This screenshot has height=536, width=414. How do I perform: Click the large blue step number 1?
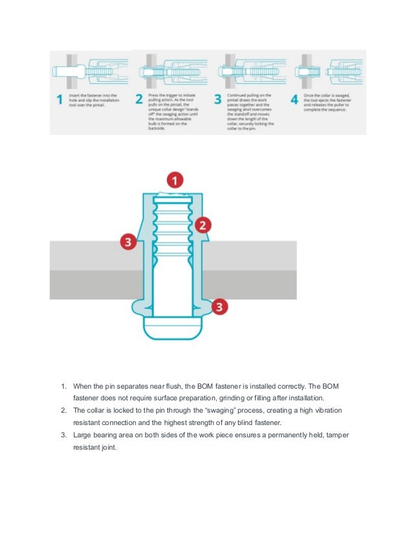[x=60, y=101]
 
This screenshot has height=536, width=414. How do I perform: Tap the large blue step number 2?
[x=138, y=101]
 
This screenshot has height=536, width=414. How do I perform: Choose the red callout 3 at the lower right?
[x=221, y=307]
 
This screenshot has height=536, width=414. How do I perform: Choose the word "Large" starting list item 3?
[x=84, y=434]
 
